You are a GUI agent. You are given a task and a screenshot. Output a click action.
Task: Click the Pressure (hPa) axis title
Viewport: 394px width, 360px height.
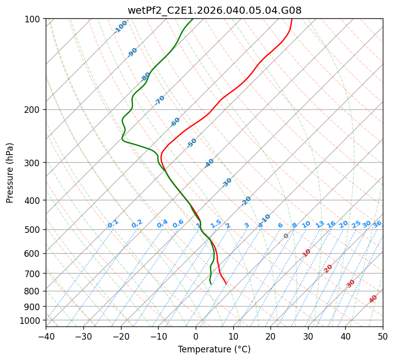pos(10,173)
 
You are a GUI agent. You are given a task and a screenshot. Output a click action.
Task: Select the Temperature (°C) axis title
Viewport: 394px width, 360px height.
pos(214,350)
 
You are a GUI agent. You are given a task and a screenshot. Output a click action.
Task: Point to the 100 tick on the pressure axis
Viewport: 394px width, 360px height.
pos(34,19)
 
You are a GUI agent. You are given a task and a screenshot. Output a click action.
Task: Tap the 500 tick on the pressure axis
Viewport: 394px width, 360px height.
pos(34,229)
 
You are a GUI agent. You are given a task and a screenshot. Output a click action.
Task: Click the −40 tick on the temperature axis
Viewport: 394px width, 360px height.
pos(46,337)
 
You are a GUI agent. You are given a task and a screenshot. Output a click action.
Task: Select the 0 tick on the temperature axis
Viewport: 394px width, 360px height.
pos(196,337)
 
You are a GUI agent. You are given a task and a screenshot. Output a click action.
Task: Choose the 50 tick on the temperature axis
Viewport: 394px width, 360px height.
pos(383,337)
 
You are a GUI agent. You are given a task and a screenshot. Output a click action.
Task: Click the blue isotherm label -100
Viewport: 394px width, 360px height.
pos(120,27)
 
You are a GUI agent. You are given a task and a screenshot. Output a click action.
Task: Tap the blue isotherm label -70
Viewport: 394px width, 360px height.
pos(160,100)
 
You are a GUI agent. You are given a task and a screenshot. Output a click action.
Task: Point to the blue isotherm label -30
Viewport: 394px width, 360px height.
pos(227,183)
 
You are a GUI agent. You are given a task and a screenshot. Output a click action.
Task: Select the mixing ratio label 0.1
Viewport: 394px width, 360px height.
pos(113,224)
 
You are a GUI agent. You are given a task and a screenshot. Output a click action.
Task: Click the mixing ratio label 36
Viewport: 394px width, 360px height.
pos(377,224)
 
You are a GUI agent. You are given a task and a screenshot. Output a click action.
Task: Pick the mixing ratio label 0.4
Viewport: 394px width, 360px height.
pos(162,224)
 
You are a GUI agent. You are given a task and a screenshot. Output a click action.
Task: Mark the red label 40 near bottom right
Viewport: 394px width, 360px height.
pos(373,299)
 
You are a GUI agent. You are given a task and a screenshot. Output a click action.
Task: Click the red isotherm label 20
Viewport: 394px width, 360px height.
pos(328,268)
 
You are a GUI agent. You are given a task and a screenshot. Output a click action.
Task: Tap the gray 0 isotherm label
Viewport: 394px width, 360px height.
pos(286,236)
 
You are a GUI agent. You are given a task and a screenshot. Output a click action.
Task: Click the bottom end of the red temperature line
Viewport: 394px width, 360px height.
pos(226,284)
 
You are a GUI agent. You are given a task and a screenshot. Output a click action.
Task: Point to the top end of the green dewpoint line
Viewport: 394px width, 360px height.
pos(193,19)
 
